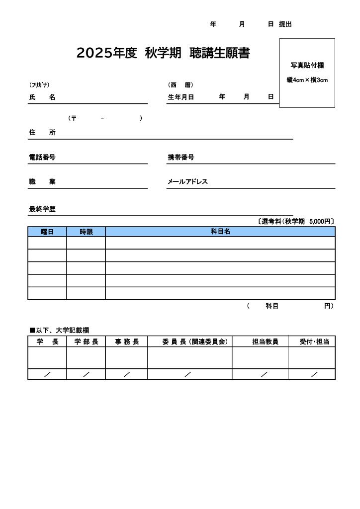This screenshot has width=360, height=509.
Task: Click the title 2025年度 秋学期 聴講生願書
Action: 163,54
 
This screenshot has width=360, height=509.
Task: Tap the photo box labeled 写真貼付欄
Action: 307,73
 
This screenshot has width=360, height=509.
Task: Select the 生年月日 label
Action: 180,97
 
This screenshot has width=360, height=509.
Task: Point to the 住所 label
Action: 42,133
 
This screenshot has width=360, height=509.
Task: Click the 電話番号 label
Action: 42,158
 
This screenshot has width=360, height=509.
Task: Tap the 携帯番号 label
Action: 180,158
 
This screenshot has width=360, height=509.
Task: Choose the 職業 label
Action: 42,182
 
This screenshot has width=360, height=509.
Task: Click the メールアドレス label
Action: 187,182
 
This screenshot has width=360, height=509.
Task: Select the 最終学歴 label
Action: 42,209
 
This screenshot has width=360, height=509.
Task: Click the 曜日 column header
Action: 47,232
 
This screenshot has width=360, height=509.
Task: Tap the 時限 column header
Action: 86,232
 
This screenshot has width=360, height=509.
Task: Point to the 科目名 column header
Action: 220,232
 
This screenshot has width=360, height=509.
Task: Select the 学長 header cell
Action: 47,341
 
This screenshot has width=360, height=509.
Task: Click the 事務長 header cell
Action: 127,341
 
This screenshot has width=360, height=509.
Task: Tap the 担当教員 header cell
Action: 265,341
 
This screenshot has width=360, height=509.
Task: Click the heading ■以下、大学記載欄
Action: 59,330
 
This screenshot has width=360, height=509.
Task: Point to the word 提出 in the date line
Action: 285,24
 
